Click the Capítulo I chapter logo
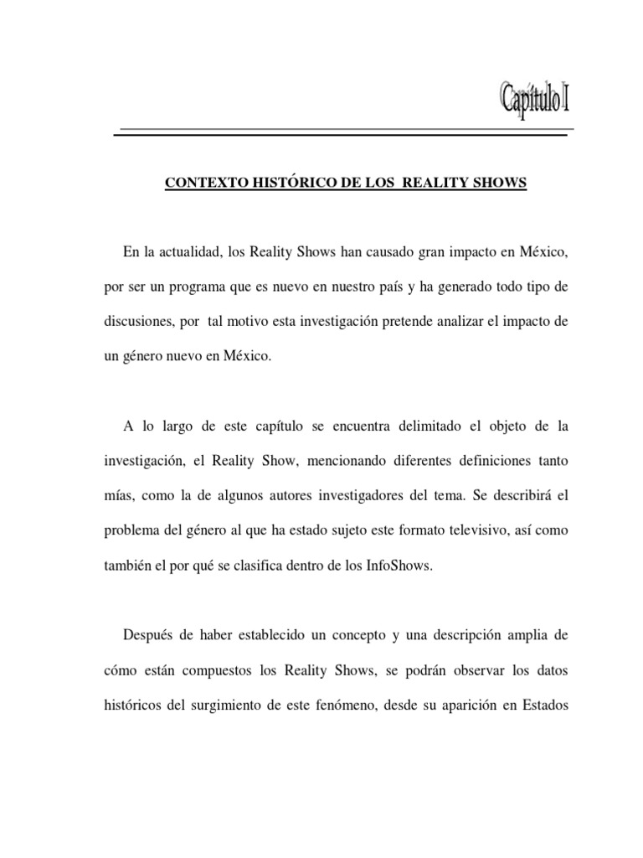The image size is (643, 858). click(x=537, y=101)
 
